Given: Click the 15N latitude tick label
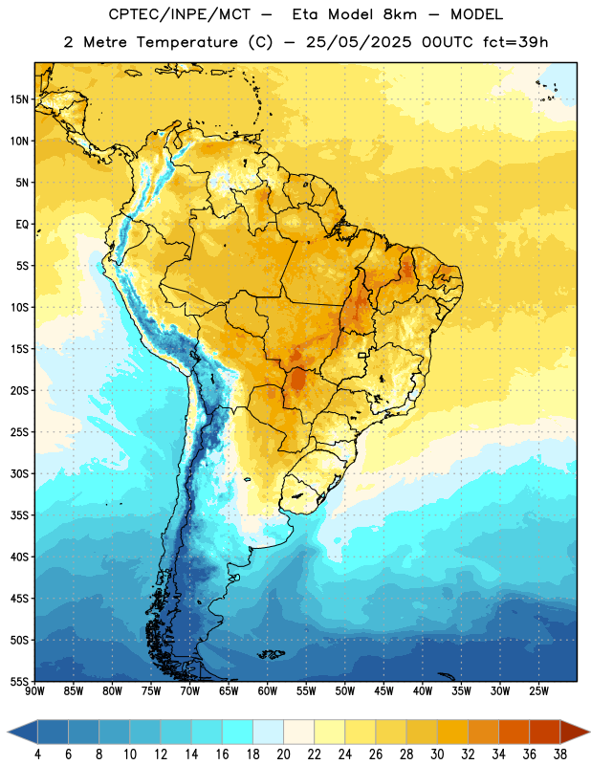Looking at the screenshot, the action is coord(19,99).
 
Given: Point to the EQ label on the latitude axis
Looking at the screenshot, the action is coord(22,225).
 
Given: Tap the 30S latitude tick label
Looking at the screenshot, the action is coord(19,473).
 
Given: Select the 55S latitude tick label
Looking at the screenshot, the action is coord(19,681).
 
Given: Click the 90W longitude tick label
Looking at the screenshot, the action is coord(35,691).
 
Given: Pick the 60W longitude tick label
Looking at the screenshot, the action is coord(268,691).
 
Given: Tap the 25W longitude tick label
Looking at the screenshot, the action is coord(538,691).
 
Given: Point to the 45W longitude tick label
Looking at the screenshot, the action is coord(383,691).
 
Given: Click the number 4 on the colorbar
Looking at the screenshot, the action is coord(37,754).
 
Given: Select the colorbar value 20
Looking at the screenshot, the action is coord(283,754).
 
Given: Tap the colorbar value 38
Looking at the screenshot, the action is coord(560,754).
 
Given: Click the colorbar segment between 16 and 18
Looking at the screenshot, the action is coord(238,732).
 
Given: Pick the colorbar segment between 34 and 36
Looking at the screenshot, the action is coord(514,732).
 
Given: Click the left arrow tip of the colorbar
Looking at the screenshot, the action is coord(8,732).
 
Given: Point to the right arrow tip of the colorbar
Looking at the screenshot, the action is coord(589,732).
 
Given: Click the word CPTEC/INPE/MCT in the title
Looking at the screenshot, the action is coord(180,14).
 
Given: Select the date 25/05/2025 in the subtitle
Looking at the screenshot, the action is coord(359,42).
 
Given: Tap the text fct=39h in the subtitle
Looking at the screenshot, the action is coord(515,42).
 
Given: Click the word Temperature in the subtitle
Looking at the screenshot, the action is coord(186,42).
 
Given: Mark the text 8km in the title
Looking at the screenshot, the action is coord(400,14).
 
